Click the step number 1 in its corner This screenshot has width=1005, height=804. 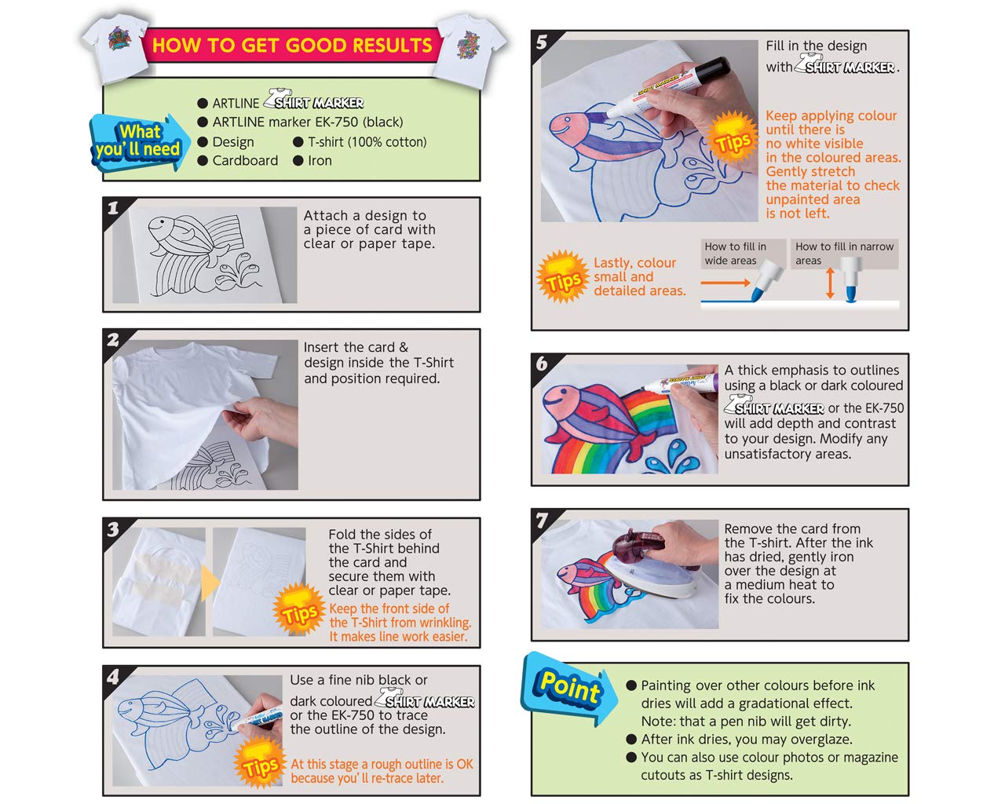[113, 208]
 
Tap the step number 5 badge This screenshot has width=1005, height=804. [541, 42]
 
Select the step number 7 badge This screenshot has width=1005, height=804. [542, 520]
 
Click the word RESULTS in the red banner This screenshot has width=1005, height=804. [393, 46]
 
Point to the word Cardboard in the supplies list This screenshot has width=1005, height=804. [245, 161]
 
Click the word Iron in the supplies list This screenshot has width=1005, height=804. [320, 161]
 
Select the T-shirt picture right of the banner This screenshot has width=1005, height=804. [470, 50]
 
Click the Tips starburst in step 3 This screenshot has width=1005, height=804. [299, 609]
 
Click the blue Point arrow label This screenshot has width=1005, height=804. [568, 688]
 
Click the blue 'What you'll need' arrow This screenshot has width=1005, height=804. [139, 141]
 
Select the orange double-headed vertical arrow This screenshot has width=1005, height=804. [830, 283]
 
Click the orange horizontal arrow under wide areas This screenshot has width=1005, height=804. [725, 283]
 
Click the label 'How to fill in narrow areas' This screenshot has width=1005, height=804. [844, 254]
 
